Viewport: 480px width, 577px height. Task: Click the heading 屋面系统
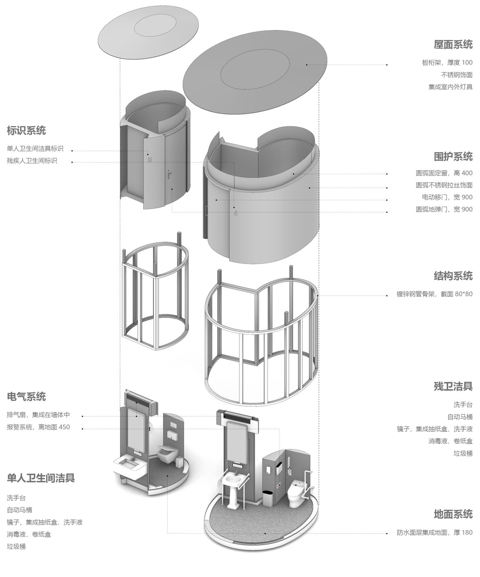(x=453, y=44)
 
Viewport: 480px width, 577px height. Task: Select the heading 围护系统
(x=453, y=156)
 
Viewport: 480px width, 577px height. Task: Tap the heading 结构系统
(x=453, y=276)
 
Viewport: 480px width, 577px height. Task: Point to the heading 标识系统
(x=26, y=131)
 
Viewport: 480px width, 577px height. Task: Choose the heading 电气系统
(x=26, y=397)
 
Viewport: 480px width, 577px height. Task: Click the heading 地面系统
(x=453, y=514)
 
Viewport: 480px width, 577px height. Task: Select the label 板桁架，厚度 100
(x=447, y=63)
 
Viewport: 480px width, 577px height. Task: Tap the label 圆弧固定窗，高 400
(x=444, y=173)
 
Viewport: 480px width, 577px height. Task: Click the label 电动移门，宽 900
(x=447, y=197)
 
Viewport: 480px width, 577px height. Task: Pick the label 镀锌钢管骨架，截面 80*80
(x=434, y=294)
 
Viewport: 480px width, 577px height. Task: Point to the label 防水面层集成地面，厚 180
(x=435, y=532)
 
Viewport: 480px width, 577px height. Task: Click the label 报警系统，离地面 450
(x=38, y=427)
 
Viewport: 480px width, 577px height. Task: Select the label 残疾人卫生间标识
(x=32, y=161)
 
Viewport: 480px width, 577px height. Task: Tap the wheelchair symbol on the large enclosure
(x=235, y=213)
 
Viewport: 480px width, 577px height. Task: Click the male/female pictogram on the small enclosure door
(x=150, y=159)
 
